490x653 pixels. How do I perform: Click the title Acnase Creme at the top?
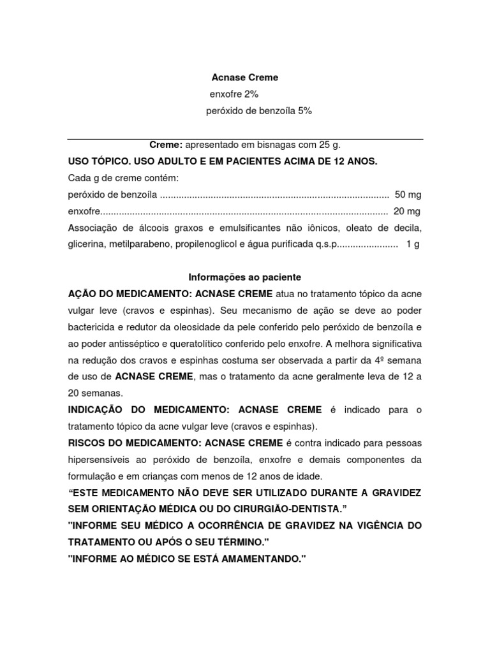[245, 78]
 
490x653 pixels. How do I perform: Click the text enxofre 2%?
[234, 94]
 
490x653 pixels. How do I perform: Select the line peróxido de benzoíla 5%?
[258, 111]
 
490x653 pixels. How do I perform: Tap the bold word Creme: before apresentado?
[166, 145]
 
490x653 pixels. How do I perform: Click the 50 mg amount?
[408, 194]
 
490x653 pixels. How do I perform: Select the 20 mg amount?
[407, 211]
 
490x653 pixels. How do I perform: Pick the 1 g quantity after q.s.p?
[412, 244]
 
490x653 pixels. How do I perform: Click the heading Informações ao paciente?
[244, 277]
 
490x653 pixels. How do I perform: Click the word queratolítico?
[203, 343]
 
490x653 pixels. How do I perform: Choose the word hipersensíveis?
[100, 459]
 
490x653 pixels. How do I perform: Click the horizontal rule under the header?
[245, 138]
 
